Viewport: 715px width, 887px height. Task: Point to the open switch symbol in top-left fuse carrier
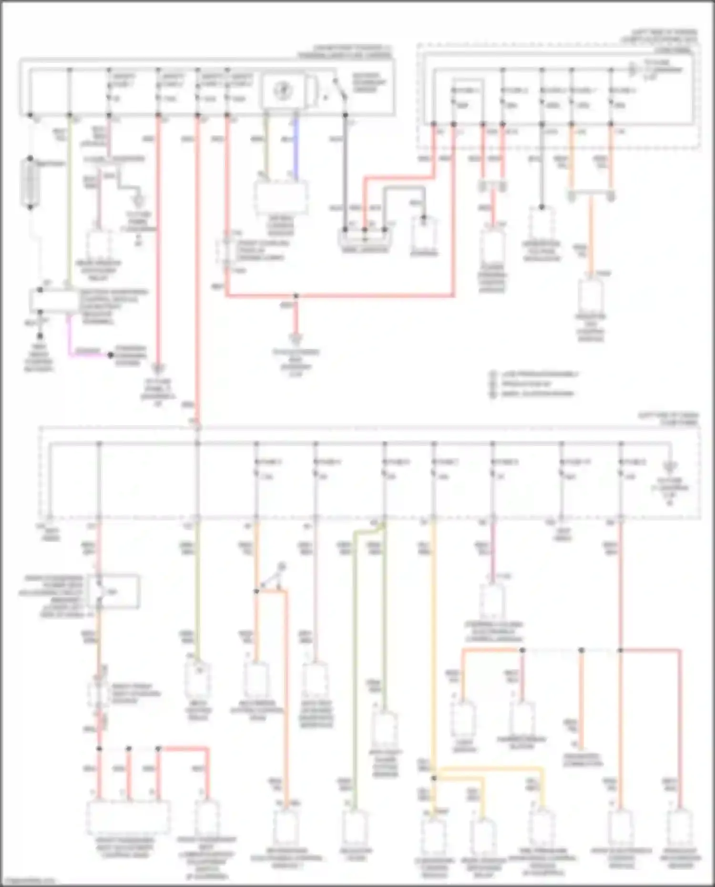click(x=339, y=91)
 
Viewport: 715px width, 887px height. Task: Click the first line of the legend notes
click(x=539, y=374)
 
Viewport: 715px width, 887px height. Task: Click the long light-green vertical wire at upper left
click(x=70, y=200)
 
